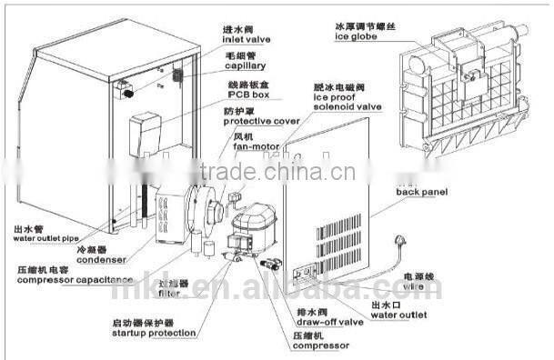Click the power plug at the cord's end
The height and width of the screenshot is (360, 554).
point(398,242)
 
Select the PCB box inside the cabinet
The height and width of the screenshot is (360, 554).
point(146,132)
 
